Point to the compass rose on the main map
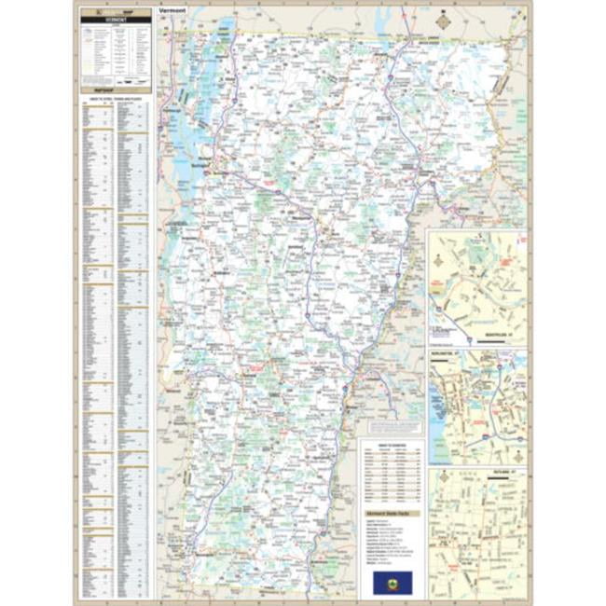point(442,20)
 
